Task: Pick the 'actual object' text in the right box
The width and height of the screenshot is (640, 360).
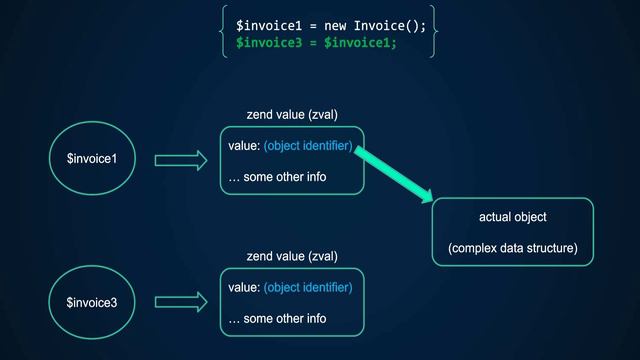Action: click(x=512, y=217)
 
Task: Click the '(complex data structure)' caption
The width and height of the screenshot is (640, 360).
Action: click(x=512, y=247)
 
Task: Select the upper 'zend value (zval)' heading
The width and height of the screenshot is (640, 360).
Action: click(x=292, y=115)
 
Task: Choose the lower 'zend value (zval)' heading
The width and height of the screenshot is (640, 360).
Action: click(x=292, y=257)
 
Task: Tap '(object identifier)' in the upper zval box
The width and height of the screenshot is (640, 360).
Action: click(x=308, y=147)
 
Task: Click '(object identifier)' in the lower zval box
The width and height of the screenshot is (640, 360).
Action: click(x=308, y=288)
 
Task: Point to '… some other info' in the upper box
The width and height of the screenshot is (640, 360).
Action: click(x=277, y=177)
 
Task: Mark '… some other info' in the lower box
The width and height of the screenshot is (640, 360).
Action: click(x=277, y=318)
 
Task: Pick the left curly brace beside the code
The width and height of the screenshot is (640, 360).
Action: click(x=224, y=33)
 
